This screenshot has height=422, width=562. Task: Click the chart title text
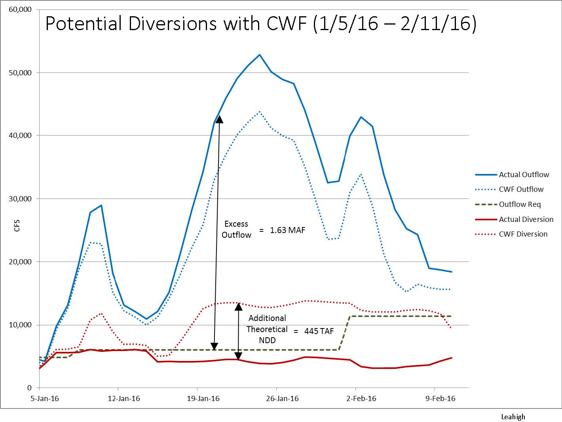260,24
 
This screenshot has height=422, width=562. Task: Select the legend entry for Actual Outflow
524,174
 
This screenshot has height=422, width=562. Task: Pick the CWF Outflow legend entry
521,189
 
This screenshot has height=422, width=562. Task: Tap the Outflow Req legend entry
520,204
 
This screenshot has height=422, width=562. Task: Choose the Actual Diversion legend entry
526,219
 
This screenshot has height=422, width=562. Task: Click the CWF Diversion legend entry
523,234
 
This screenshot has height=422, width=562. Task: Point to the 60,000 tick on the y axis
20,10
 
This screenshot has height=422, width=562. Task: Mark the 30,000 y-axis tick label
20,199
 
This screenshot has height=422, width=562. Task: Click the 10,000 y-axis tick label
20,325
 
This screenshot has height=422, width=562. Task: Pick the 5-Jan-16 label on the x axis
45,399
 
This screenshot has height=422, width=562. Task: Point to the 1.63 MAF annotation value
287,230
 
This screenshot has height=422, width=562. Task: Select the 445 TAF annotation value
317,331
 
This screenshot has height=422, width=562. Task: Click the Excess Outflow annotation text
236,229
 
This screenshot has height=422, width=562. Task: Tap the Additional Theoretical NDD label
267,329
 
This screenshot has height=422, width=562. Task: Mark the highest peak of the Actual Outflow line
260,55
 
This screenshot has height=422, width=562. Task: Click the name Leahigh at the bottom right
513,416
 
